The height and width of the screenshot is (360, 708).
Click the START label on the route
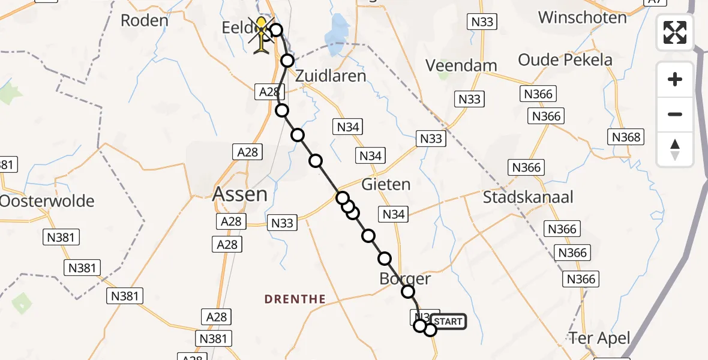[448, 322]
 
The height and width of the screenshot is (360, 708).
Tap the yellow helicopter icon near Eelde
[262, 35]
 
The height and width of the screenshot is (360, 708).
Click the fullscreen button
[675, 32]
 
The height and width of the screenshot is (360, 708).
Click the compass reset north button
[675, 149]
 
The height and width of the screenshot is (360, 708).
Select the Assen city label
[240, 194]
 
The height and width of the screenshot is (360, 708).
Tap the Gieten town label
[386, 184]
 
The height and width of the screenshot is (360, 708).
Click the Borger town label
[405, 278]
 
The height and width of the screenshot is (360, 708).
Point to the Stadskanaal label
[528, 197]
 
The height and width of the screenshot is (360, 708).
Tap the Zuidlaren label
[330, 76]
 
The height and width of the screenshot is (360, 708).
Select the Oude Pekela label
[565, 60]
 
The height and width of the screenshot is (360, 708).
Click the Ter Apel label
[599, 338]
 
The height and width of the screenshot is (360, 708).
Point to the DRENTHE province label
[296, 299]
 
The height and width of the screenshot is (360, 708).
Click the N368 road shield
[626, 137]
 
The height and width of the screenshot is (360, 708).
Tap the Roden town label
[144, 20]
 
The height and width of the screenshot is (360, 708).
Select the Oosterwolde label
[47, 200]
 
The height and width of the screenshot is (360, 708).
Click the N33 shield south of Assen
[282, 223]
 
